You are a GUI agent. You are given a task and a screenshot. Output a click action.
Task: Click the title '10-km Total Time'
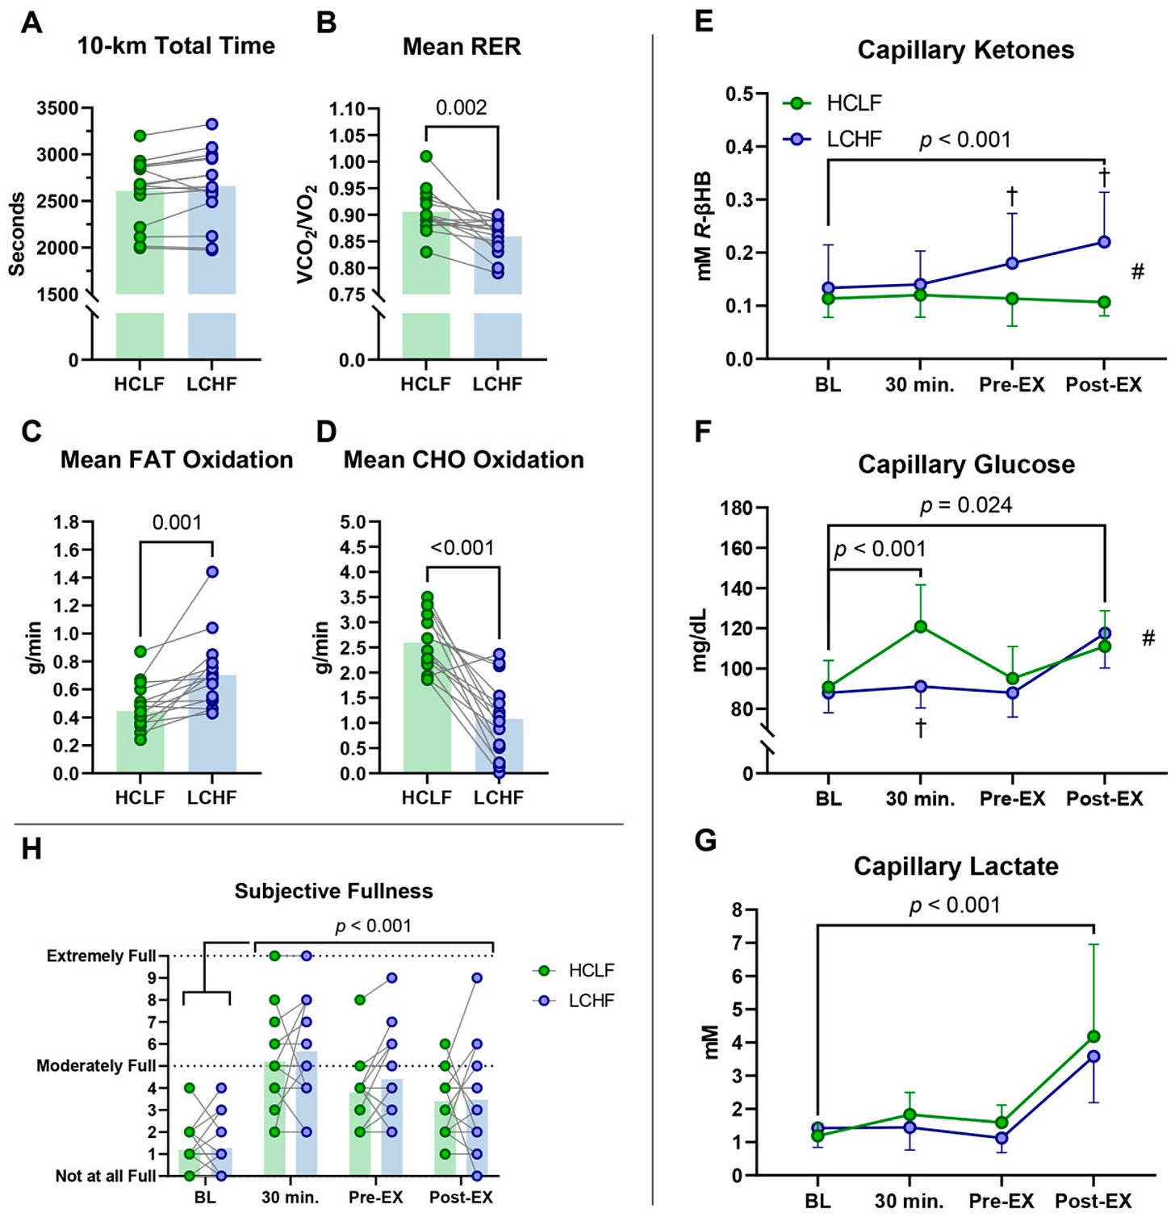[176, 46]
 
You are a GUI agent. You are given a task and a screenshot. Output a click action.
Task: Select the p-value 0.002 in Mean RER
[462, 107]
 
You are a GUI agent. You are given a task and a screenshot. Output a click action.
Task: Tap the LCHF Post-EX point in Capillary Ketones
[1104, 242]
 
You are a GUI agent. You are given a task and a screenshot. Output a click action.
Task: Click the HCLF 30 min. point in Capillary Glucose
[920, 626]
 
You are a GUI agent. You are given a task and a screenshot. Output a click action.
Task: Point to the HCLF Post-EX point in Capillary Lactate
[1093, 1036]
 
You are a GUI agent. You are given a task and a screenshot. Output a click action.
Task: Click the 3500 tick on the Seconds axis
[57, 108]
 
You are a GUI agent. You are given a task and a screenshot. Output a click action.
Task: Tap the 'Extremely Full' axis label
[101, 956]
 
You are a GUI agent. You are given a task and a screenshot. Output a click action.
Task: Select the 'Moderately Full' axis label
[96, 1066]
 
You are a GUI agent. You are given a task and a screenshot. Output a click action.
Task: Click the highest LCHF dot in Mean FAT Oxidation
[212, 572]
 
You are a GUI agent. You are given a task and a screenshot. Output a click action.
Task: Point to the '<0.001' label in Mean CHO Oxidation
[462, 548]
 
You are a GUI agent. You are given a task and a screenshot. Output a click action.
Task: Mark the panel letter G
[705, 841]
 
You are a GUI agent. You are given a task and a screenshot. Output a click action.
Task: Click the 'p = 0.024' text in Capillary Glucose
[966, 506]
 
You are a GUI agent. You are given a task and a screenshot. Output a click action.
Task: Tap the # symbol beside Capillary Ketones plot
[1137, 272]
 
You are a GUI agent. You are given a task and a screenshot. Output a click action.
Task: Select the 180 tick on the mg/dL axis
[737, 508]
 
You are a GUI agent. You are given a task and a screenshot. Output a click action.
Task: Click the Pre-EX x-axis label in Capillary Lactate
[1001, 1201]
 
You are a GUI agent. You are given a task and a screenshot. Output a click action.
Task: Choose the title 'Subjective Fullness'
[333, 891]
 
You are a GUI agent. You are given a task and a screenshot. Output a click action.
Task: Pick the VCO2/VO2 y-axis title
[306, 234]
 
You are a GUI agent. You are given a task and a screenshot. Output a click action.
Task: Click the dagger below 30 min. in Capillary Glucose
[920, 728]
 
